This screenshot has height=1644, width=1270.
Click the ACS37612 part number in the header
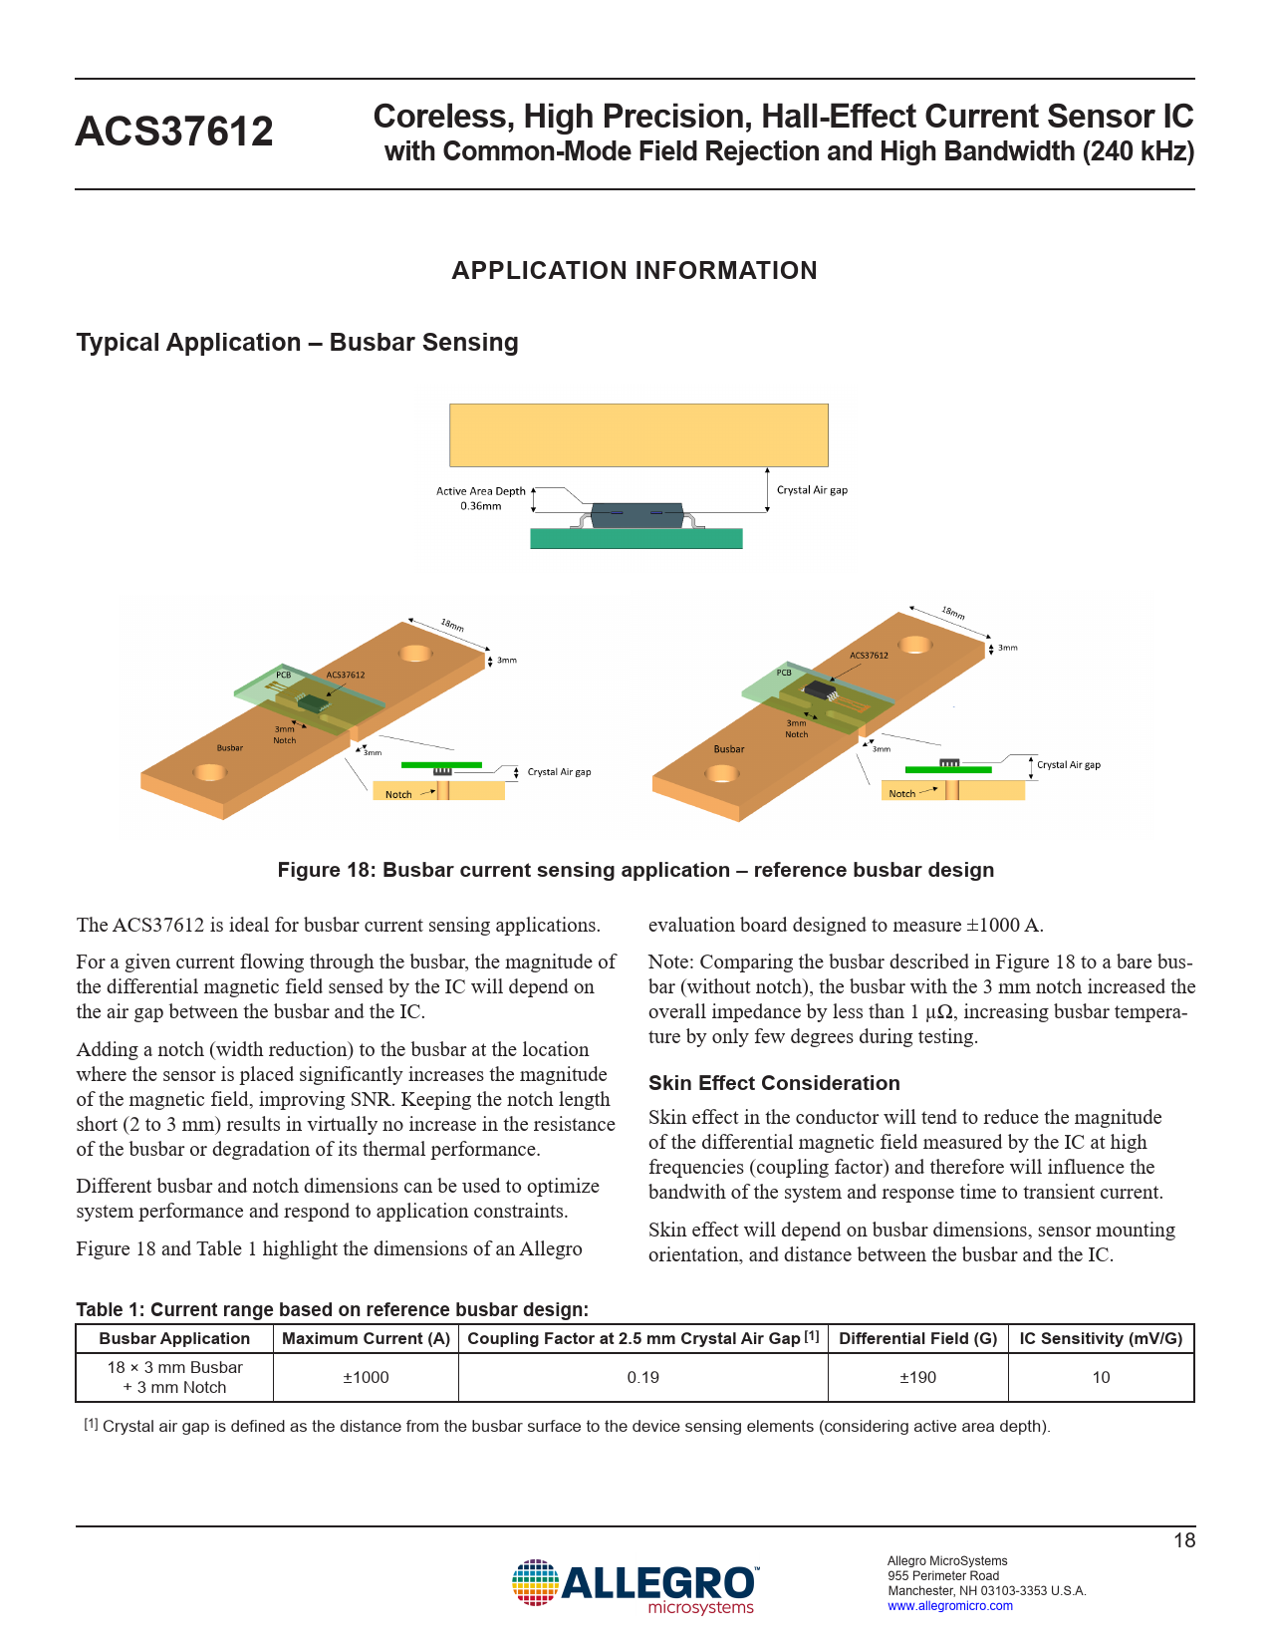174,132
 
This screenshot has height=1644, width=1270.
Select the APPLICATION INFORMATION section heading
635,270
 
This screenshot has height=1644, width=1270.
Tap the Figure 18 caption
635,870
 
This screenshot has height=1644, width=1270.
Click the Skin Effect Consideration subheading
774,1083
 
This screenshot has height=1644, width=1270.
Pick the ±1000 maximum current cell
366,1377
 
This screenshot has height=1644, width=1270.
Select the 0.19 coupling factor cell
642,1377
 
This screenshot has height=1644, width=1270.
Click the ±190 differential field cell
917,1377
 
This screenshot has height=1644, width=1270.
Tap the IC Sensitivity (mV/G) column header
1101,1338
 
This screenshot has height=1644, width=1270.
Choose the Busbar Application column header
174,1338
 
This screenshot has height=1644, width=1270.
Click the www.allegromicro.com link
950,1605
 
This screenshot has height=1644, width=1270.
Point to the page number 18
1184,1540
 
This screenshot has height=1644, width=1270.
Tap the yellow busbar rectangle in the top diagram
638,434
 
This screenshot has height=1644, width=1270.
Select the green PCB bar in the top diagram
635,539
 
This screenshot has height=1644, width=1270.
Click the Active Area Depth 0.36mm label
481,498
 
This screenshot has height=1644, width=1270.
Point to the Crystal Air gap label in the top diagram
812,490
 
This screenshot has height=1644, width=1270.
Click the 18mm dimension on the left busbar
452,626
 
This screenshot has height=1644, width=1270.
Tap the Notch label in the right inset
901,794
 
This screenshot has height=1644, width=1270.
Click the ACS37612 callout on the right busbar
869,656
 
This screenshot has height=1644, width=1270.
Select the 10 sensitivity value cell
1101,1377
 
